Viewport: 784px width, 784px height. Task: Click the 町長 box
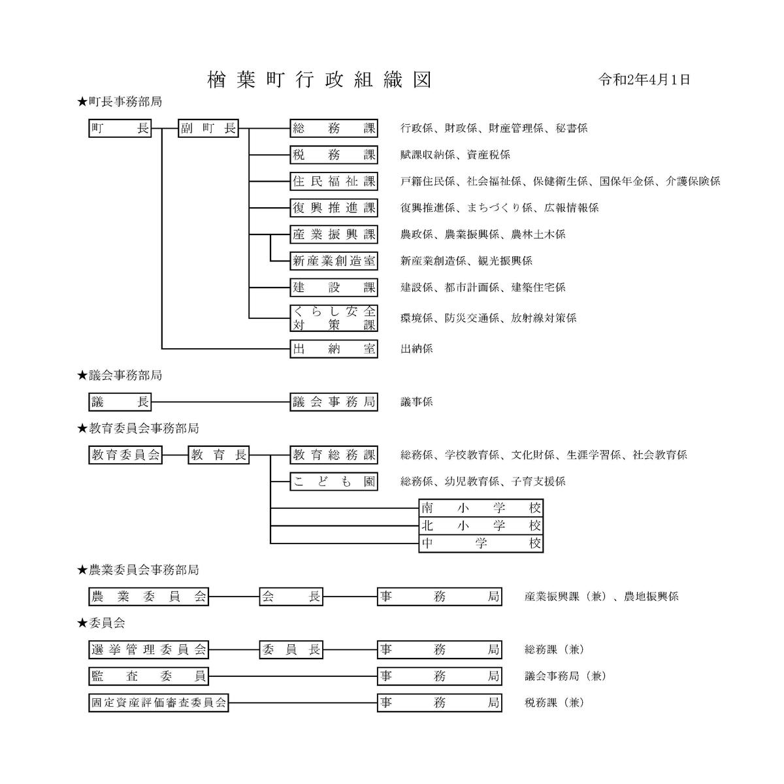[120, 129]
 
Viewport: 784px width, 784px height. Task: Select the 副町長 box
[208, 129]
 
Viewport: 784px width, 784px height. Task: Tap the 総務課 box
[334, 129]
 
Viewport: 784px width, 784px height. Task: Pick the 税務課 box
[334, 155]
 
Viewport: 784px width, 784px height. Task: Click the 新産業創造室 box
[334, 261]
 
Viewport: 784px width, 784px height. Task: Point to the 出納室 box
[334, 349]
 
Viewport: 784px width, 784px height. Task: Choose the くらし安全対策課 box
[334, 318]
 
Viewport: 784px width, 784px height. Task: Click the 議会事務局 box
[334, 402]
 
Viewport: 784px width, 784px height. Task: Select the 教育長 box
[219, 455]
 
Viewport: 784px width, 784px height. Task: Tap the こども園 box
[334, 482]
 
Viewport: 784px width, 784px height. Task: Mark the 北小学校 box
[481, 526]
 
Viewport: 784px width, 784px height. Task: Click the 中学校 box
[481, 544]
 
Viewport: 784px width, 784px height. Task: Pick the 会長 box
[291, 597]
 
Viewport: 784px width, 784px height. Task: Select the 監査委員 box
[149, 676]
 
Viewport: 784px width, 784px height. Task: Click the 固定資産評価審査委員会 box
[159, 702]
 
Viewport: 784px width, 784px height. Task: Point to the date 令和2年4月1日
[644, 80]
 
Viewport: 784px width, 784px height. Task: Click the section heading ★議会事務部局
[120, 375]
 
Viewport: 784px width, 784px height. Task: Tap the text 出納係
[417, 349]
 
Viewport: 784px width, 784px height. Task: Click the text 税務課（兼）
[555, 702]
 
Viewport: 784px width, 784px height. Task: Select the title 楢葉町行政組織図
[319, 80]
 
